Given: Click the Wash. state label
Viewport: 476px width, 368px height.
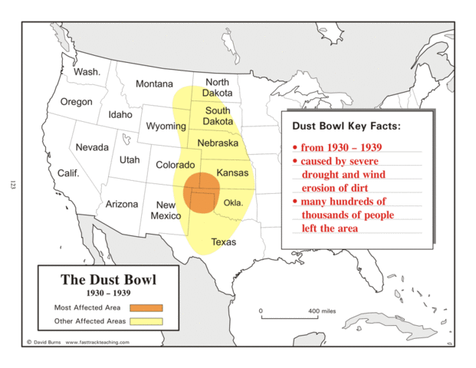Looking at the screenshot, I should pos(87,71).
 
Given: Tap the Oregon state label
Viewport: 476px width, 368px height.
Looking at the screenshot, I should pos(76,102).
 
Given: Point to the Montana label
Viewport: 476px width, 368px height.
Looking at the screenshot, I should pos(154,84).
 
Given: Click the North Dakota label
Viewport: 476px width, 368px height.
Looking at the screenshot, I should pos(217,87).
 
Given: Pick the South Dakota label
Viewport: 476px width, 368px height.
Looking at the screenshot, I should pos(218,116).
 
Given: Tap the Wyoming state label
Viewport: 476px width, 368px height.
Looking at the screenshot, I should pos(166,126).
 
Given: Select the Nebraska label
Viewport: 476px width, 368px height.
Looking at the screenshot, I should pos(217,143).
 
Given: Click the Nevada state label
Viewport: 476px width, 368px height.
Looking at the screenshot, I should pos(91,146).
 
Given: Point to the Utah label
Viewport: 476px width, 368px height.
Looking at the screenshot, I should pos(130,159).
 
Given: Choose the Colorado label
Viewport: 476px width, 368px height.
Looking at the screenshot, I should pos(176,165).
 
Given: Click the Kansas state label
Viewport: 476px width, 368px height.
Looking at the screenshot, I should pos(232,173).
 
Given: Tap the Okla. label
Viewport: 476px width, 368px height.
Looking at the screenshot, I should pos(233,203).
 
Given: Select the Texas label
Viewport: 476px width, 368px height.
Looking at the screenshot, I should pos(224,242).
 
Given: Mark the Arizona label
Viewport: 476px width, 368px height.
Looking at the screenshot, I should pos(122,204).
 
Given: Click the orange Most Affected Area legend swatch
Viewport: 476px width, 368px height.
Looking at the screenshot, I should pos(146,307).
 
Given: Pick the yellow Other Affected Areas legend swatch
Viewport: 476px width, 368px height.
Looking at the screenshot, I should pos(146,320).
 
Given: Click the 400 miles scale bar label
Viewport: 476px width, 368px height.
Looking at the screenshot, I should pos(323,311).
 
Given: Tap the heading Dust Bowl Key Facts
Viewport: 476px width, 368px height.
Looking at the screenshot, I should pos(346,126).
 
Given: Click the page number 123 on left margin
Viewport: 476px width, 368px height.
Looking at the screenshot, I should pos(13,184).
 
